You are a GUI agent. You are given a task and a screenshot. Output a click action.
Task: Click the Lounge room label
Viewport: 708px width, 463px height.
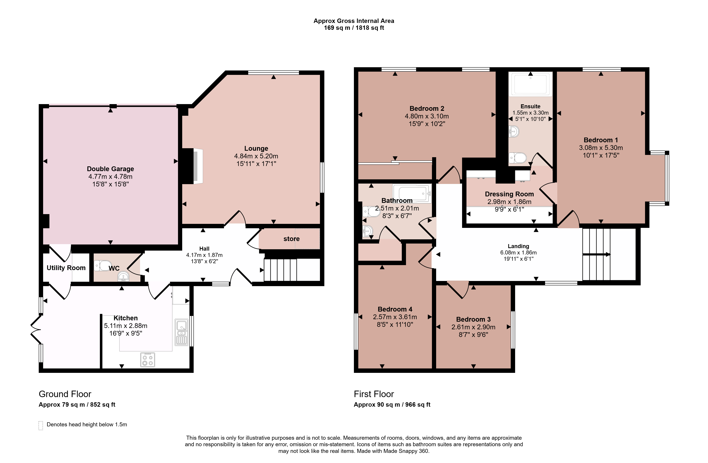pos(256,148)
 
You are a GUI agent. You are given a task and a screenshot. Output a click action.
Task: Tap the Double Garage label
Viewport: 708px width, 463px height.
pos(110,169)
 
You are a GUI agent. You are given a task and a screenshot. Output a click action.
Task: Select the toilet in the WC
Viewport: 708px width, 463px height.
pos(102,265)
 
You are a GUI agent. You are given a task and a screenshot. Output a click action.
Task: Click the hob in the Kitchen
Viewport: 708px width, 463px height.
pos(147,360)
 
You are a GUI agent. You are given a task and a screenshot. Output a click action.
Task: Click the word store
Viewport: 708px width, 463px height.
pos(292,239)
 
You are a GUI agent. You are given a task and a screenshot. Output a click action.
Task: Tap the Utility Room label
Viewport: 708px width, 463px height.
pos(66,268)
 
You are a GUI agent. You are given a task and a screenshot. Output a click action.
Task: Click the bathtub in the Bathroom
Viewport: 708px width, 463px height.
pos(412,193)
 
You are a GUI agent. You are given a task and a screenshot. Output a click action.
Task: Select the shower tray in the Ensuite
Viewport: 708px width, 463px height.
pos(530,84)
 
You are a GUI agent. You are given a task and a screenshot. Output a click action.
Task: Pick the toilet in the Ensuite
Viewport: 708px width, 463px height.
pos(518,158)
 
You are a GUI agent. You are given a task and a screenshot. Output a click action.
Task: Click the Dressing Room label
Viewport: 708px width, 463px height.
pos(509,194)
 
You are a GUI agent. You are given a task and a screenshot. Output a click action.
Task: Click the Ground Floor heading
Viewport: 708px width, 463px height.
pos(65,394)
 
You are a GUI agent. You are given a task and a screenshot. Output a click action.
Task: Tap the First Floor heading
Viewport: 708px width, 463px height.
pos(374,394)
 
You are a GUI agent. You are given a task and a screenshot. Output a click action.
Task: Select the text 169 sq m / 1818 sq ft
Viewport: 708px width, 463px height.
pos(354,28)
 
